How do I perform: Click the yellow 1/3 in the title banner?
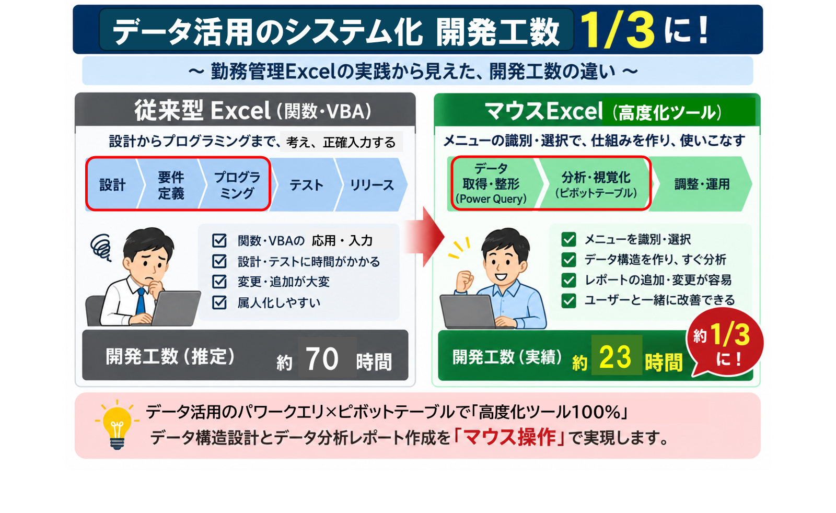coord(617,30)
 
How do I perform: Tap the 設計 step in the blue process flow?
coord(112,185)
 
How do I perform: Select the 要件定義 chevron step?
coord(171,185)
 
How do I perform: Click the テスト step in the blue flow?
coord(306,185)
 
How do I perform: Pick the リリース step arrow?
coord(371,185)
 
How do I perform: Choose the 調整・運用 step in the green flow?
coord(702,184)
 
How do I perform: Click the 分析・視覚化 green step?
coord(596,184)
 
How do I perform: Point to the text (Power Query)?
coord(491,199)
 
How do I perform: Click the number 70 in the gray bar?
coord(322,358)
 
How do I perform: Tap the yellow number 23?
coord(615,357)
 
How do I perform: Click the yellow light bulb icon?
coord(117,425)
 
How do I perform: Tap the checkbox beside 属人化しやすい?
coord(219,302)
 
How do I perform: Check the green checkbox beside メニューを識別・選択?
coord(568,239)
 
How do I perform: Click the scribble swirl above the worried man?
coord(101,246)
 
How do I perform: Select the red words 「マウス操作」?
coord(510,437)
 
